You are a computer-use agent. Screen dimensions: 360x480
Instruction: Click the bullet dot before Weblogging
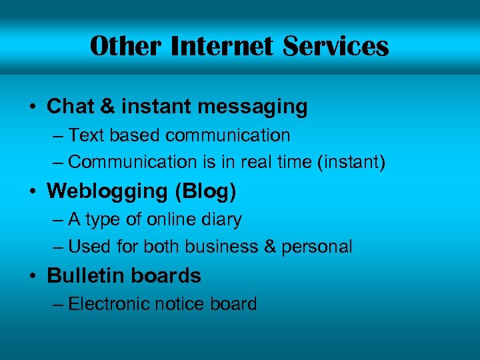coord(33,191)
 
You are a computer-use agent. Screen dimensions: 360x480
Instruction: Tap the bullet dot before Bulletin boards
coord(33,276)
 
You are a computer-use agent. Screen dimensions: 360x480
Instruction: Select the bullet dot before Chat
coord(33,107)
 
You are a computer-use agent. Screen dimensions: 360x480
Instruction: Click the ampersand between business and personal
coord(270,247)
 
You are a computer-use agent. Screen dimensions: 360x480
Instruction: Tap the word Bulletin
coord(82,275)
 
